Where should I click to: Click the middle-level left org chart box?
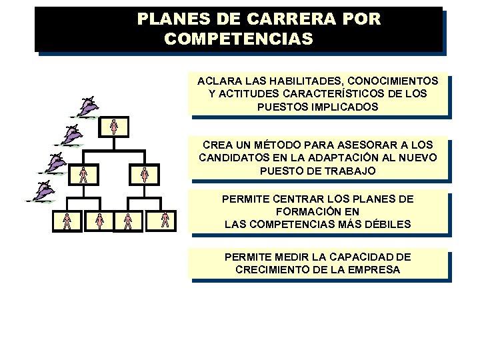tap(83, 175)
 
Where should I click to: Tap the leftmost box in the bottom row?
tap(67, 221)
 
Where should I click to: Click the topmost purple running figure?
tap(89, 106)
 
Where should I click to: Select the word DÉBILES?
tap(389, 225)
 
